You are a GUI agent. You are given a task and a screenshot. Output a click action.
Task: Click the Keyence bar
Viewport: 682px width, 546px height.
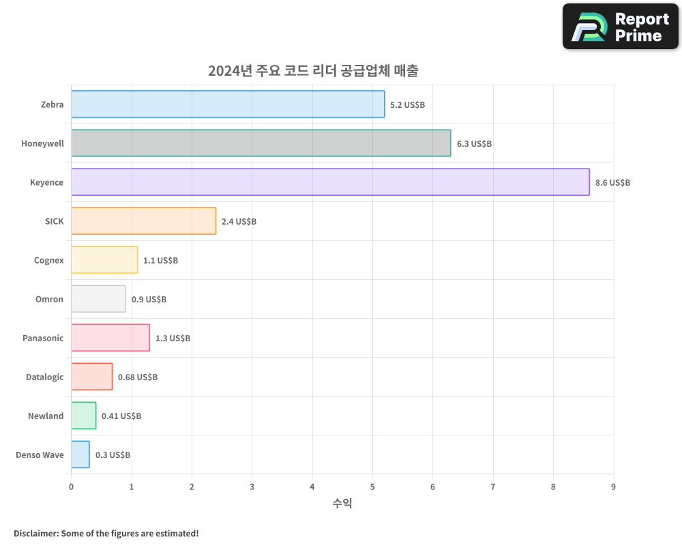coord(330,182)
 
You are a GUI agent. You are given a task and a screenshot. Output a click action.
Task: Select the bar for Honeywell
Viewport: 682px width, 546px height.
coord(261,143)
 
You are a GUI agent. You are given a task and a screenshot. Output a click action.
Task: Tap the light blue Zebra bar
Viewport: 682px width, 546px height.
coord(228,104)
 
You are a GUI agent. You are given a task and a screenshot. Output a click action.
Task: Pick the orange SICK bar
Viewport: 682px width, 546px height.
coord(143,221)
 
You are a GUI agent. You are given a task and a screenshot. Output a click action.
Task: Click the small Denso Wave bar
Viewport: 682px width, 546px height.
coord(80,455)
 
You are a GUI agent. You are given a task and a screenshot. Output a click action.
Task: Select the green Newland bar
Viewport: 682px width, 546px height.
coord(84,416)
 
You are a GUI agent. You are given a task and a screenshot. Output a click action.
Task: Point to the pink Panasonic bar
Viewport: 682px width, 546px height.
coord(110,338)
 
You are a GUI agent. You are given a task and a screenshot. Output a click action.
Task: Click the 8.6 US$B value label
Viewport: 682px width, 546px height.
coord(612,183)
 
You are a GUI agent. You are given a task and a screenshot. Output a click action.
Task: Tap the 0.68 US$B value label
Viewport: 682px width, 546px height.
coord(138,377)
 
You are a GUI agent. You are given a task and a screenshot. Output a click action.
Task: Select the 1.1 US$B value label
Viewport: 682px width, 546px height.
coord(160,261)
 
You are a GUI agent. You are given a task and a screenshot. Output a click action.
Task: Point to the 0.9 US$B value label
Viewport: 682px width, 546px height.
coord(149,300)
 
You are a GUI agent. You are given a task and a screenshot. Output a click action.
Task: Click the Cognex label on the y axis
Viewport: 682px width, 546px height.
coord(48,261)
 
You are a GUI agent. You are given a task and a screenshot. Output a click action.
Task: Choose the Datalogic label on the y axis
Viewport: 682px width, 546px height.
coord(44,377)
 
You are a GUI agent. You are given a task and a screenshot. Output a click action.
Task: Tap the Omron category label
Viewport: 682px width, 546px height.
coord(49,300)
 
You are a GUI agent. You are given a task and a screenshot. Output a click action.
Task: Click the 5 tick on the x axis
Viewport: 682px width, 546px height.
coord(372,487)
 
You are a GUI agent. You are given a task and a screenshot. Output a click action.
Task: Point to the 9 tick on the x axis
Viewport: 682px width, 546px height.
coord(613,487)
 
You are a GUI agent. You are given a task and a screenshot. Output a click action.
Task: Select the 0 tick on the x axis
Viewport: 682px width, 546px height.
coord(71,487)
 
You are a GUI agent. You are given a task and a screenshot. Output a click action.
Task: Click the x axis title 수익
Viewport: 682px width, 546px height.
coord(342,504)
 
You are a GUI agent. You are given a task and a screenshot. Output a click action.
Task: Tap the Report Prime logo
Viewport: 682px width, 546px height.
coord(621,27)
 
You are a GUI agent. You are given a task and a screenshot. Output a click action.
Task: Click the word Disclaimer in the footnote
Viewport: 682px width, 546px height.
coord(35,533)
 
